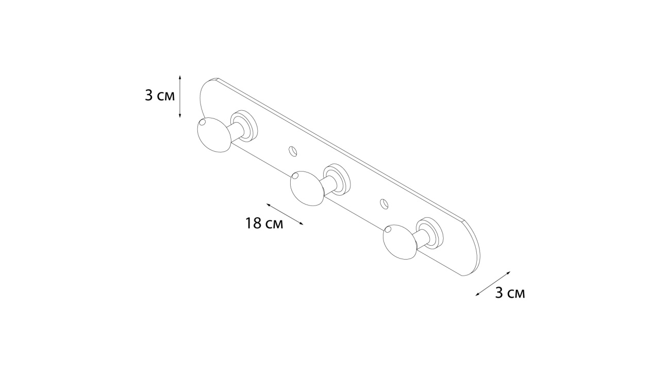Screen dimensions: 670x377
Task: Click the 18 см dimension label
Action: pyautogui.click(x=264, y=224)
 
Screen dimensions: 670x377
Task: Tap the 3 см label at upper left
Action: pyautogui.click(x=160, y=96)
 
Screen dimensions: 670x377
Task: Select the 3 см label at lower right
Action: pyautogui.click(x=510, y=293)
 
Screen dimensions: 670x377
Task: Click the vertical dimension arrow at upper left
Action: pyautogui.click(x=180, y=96)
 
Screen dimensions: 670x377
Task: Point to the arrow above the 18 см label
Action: pyautogui.click(x=285, y=214)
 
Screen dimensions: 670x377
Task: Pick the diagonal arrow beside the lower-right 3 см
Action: pyautogui.click(x=493, y=284)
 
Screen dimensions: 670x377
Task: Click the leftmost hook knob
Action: pyautogui.click(x=214, y=135)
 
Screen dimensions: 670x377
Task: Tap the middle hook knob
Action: pyautogui.click(x=307, y=188)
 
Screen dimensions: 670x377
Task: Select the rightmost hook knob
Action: pyautogui.click(x=400, y=242)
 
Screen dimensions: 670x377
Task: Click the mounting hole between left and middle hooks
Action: pyautogui.click(x=293, y=151)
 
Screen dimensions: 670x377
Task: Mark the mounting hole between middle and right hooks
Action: pyautogui.click(x=384, y=204)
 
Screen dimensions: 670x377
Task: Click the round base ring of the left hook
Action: pyautogui.click(x=245, y=126)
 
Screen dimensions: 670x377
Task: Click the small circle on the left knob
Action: pyautogui.click(x=202, y=122)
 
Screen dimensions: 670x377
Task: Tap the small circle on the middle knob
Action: pyautogui.click(x=295, y=176)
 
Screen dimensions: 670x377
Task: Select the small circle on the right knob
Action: pyautogui.click(x=388, y=229)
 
